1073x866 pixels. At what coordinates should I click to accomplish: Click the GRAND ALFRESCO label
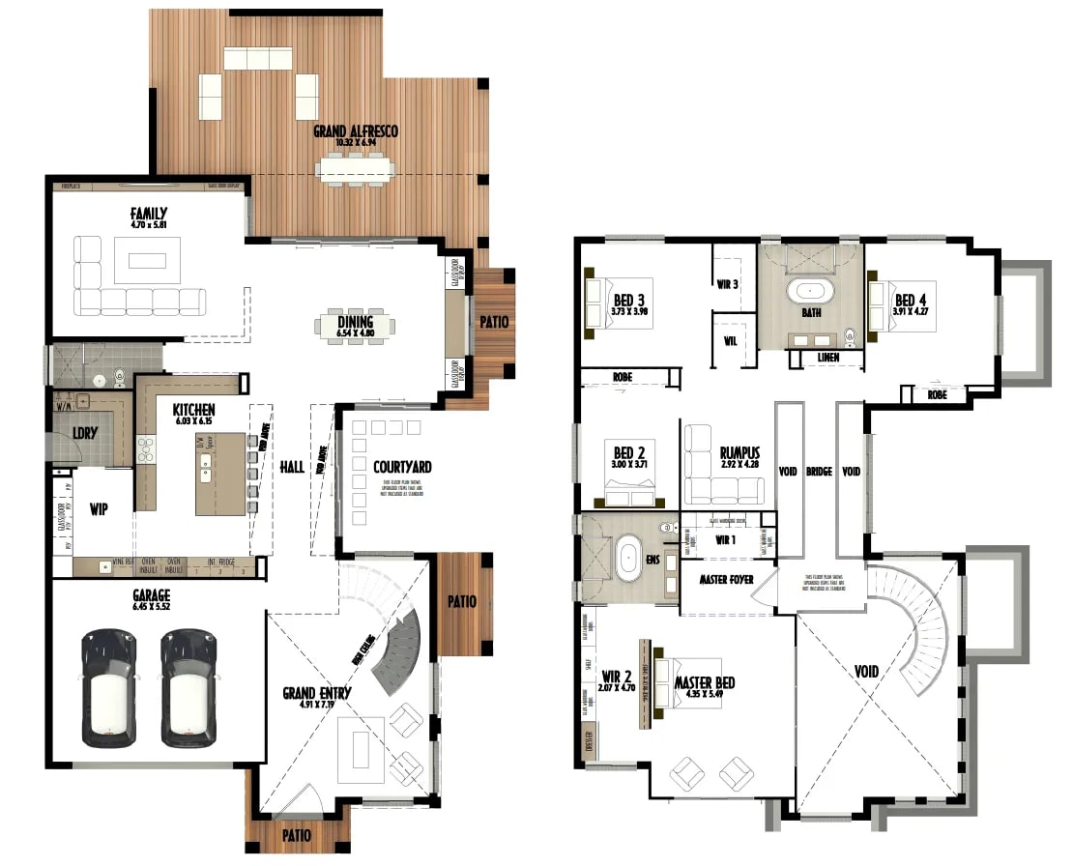click(x=355, y=131)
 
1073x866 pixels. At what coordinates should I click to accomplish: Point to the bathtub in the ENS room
click(x=629, y=559)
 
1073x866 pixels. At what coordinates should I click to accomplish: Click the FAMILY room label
click(x=149, y=214)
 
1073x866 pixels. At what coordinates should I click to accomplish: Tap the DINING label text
click(x=355, y=323)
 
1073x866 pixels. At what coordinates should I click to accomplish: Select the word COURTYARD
click(x=402, y=467)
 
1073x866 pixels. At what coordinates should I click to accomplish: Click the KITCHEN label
click(x=193, y=410)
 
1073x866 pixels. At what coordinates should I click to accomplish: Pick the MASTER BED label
click(x=704, y=683)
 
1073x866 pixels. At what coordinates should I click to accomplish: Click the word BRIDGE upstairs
click(x=819, y=472)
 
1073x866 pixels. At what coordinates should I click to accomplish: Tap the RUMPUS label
click(x=739, y=452)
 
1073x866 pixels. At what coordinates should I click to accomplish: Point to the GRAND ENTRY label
click(x=317, y=693)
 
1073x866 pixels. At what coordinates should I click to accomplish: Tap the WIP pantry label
click(x=99, y=507)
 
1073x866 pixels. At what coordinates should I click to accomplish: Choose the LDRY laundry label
click(x=85, y=433)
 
